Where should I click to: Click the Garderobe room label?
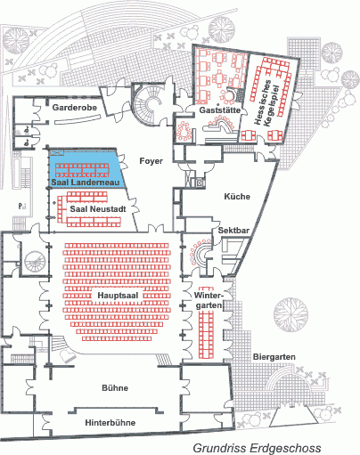point(75,107)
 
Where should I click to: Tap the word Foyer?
point(151,161)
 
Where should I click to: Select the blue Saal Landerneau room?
point(86,168)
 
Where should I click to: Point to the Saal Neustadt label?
point(98,209)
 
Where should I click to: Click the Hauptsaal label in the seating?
point(119,296)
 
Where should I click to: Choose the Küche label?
point(237,197)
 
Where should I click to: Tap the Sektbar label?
point(233,231)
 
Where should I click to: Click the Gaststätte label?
point(219,110)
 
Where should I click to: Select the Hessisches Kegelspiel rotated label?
point(266,103)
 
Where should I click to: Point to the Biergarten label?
point(274,357)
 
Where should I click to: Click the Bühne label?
point(115,388)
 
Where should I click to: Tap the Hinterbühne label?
point(110,422)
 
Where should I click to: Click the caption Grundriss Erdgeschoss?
point(257,448)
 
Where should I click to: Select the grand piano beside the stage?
point(67,356)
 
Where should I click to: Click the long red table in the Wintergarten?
point(207,322)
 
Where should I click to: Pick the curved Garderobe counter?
point(78,120)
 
